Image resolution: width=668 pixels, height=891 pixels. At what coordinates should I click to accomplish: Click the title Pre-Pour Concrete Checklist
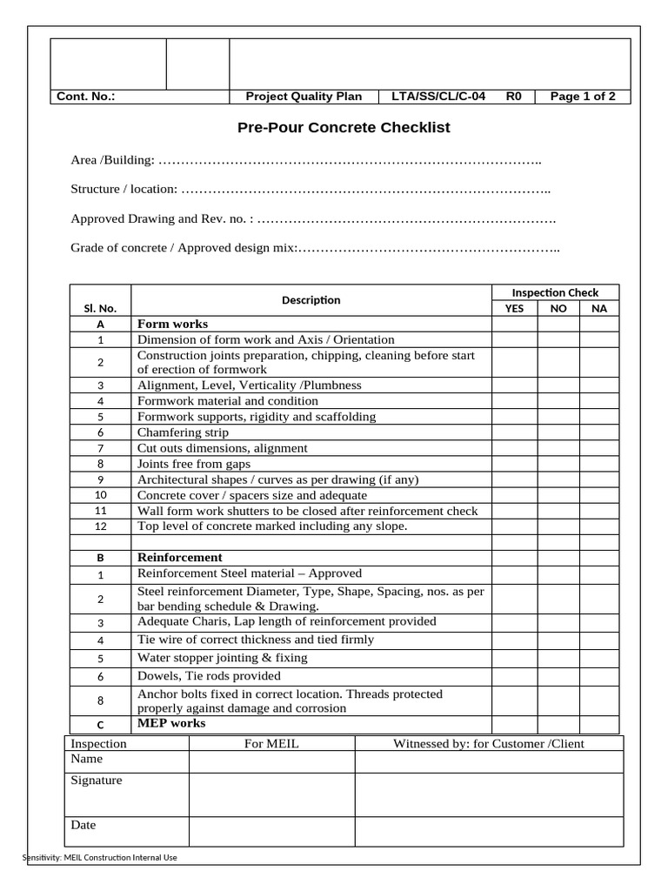(x=344, y=128)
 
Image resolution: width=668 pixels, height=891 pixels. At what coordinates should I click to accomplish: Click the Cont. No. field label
(x=86, y=97)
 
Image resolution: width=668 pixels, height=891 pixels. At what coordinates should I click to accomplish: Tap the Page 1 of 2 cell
(x=583, y=97)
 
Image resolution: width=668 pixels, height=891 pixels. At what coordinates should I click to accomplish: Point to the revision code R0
(x=513, y=97)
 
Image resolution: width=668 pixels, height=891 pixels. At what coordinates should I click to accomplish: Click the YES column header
(x=514, y=308)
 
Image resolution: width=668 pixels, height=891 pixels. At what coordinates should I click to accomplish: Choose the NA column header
(x=598, y=308)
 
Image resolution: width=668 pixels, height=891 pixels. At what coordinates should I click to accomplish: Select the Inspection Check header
(x=555, y=292)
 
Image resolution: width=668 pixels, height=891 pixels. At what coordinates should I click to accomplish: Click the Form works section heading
(x=172, y=324)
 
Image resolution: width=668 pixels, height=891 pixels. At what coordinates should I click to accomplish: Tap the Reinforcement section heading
(x=179, y=557)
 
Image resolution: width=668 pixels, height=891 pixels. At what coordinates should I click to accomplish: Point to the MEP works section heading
(x=171, y=723)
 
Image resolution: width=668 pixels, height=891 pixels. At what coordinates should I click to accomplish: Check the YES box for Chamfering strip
(x=514, y=432)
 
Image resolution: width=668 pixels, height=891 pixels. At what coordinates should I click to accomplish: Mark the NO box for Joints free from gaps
(x=558, y=464)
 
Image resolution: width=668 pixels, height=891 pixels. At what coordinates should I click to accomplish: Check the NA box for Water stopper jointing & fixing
(x=598, y=658)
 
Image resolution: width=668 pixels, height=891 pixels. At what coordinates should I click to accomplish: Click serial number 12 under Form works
(x=100, y=526)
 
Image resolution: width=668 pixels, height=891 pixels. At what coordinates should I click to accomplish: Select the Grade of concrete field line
(x=314, y=248)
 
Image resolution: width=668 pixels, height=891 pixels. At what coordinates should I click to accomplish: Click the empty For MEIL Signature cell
(x=271, y=794)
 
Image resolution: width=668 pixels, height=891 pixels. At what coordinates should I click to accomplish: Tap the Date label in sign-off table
(x=83, y=825)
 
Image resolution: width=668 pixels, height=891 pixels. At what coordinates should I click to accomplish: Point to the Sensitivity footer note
(x=99, y=858)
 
